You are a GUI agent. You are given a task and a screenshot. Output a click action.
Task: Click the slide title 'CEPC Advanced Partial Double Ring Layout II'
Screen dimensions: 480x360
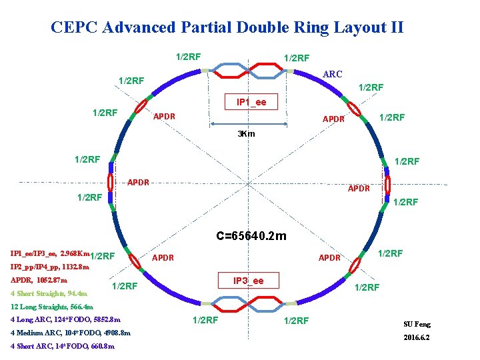click(x=227, y=27)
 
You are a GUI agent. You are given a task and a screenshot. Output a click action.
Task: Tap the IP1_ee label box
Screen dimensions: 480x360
click(x=251, y=102)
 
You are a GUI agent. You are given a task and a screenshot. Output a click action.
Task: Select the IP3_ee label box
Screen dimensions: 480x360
click(x=248, y=281)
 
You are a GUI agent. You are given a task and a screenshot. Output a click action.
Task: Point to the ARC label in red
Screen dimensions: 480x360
click(x=332, y=74)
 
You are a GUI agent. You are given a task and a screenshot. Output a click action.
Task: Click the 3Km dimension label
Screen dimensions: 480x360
click(x=247, y=133)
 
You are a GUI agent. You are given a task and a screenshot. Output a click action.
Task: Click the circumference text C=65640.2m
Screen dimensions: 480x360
click(x=251, y=235)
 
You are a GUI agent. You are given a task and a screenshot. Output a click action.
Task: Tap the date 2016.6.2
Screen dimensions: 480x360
click(x=417, y=337)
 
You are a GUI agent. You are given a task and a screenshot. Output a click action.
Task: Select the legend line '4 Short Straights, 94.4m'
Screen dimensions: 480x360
click(x=49, y=293)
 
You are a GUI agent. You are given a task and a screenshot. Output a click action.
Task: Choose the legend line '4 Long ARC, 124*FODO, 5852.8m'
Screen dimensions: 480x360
click(x=66, y=320)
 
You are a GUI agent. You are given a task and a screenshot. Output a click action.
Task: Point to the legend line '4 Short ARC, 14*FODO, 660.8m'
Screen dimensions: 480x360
click(x=63, y=346)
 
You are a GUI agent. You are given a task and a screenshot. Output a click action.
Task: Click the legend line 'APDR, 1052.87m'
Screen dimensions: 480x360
click(x=39, y=280)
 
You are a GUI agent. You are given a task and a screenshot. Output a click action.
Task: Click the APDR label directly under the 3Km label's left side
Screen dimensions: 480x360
click(x=164, y=117)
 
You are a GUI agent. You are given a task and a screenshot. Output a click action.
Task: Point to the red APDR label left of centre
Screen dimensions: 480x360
click(x=138, y=182)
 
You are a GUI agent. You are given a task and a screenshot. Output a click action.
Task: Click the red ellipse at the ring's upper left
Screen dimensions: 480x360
click(x=143, y=109)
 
